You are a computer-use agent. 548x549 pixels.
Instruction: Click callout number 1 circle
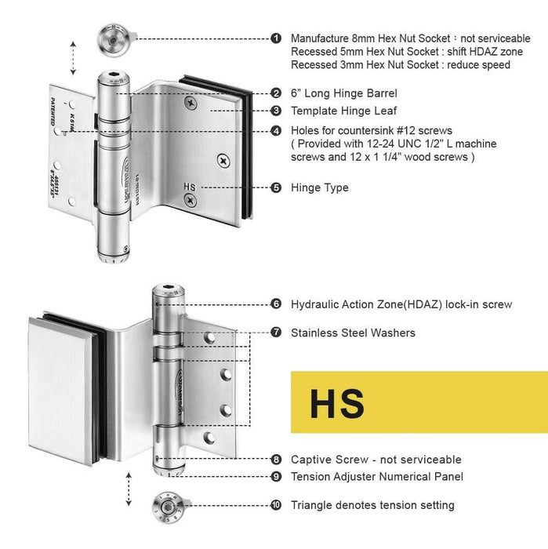point(276,38)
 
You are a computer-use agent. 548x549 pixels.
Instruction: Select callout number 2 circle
point(276,93)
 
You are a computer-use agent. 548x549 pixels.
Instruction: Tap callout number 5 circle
point(276,187)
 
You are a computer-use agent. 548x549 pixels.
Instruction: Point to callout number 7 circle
point(276,333)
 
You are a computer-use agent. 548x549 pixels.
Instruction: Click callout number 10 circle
point(276,506)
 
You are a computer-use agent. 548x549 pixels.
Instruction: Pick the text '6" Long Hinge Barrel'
point(343,93)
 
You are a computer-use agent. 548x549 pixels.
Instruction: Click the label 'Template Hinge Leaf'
point(343,111)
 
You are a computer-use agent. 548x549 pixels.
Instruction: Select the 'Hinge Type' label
point(319,187)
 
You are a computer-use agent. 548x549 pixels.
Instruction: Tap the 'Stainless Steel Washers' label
point(353,333)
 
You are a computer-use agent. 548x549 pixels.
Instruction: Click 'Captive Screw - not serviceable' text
point(376,460)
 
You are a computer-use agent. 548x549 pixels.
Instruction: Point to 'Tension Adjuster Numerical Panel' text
point(376,476)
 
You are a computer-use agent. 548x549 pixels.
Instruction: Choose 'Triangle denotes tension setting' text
point(372,506)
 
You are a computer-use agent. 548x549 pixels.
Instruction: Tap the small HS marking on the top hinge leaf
point(188,187)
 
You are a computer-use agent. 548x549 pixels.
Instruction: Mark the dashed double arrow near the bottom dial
point(128,490)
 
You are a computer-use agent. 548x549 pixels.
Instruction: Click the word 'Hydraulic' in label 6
point(314,304)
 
